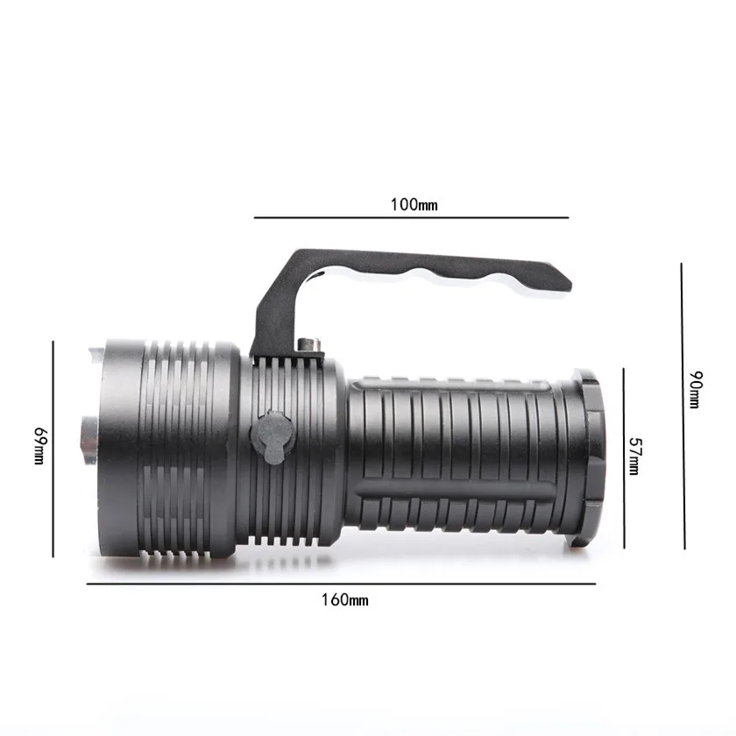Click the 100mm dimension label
click(414, 205)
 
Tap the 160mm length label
click(345, 600)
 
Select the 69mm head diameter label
click(38, 446)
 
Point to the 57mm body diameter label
click(635, 456)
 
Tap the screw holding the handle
click(308, 344)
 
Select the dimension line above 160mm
click(342, 584)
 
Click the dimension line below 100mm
click(412, 217)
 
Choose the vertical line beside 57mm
click(624, 457)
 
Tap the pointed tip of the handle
click(568, 284)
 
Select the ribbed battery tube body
click(456, 456)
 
